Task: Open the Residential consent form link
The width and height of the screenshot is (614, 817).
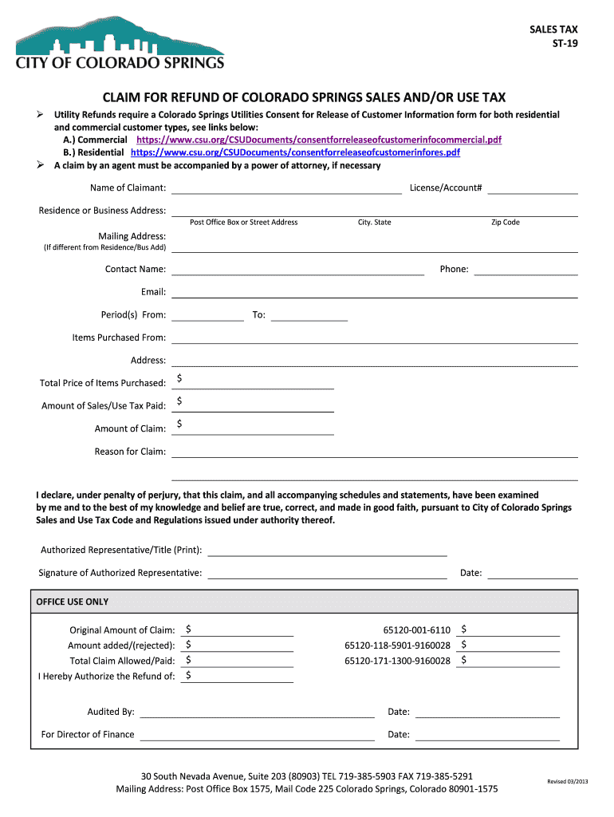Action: pos(295,152)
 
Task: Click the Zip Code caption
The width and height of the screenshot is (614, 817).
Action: pos(505,222)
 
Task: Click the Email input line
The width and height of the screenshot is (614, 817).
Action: pos(374,292)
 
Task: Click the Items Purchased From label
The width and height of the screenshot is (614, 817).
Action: pos(119,337)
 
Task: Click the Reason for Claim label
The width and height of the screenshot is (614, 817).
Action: pos(130,452)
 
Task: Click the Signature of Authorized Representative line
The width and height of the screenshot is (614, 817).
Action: pos(327,573)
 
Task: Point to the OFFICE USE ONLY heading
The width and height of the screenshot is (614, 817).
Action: pos(73,602)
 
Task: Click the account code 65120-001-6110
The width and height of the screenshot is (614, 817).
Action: pos(416,630)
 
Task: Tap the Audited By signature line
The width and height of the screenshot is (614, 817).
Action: pos(257,712)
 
